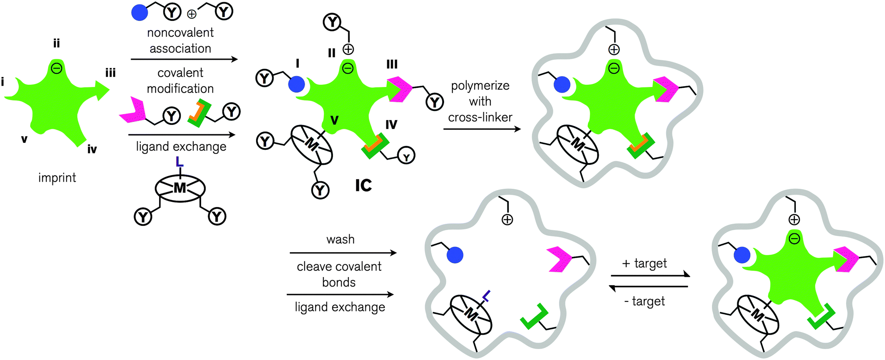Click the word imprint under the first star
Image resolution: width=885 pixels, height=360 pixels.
pos(57,178)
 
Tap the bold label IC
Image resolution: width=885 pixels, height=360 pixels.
pos(363,186)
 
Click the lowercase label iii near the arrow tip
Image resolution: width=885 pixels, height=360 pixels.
pos(110,73)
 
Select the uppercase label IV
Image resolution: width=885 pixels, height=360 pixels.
pos(391,125)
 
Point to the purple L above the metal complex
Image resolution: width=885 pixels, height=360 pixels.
pos(179,162)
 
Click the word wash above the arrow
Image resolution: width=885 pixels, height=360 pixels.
pos(340,239)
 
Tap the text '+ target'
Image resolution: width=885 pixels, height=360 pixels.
pos(645,263)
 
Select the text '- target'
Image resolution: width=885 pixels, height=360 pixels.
pos(645,301)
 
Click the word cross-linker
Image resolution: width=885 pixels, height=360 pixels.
pos(480,118)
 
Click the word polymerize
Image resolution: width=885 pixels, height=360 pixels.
pos(480,86)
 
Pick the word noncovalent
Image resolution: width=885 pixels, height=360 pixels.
pos(180,33)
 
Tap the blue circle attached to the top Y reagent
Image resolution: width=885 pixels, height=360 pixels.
pos(140,12)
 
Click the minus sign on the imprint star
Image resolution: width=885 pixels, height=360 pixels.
pos(57,68)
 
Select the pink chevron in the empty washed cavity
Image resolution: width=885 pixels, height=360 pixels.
pos(559,259)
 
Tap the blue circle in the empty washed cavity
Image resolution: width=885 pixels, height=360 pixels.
pos(455,255)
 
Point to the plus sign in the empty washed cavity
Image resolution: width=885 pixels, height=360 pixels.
pos(507,219)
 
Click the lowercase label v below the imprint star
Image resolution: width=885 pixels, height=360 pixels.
pos(24,139)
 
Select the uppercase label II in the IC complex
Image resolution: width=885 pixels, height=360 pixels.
pos(332,53)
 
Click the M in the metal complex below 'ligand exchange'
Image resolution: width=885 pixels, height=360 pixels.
pos(180,188)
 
